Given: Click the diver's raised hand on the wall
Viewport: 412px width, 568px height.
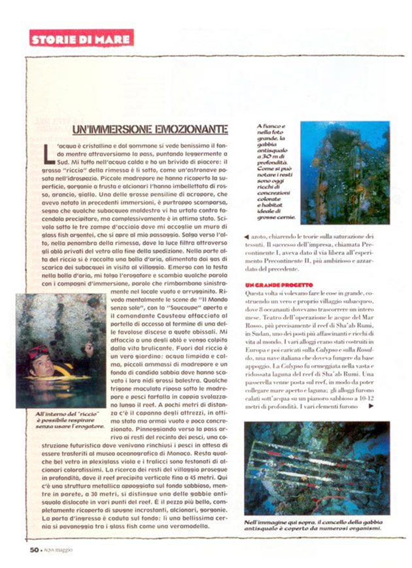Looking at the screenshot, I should click(x=89, y=347).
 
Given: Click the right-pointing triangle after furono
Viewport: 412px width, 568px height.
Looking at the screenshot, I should click(x=371, y=407).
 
